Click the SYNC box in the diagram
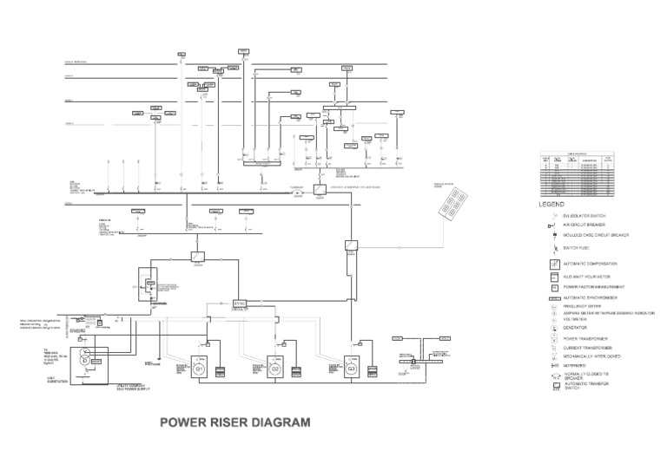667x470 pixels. click(240, 303)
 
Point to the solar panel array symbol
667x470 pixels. click(453, 205)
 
